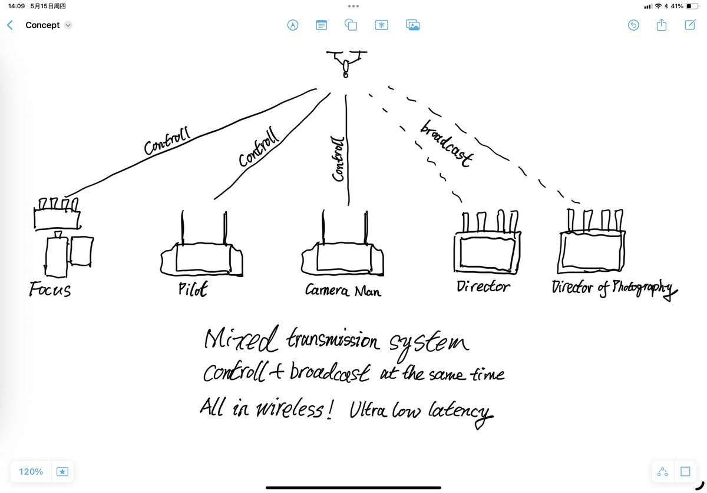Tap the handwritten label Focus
(x=50, y=289)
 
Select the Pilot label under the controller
(x=192, y=289)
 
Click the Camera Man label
(x=342, y=290)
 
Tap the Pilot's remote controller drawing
(x=202, y=258)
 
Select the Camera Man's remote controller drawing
(x=342, y=258)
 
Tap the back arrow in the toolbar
(x=9, y=25)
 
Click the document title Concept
(x=42, y=25)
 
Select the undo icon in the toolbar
(x=633, y=25)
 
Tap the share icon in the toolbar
(x=662, y=25)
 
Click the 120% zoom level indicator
(x=31, y=472)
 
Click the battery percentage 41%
(x=676, y=6)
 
